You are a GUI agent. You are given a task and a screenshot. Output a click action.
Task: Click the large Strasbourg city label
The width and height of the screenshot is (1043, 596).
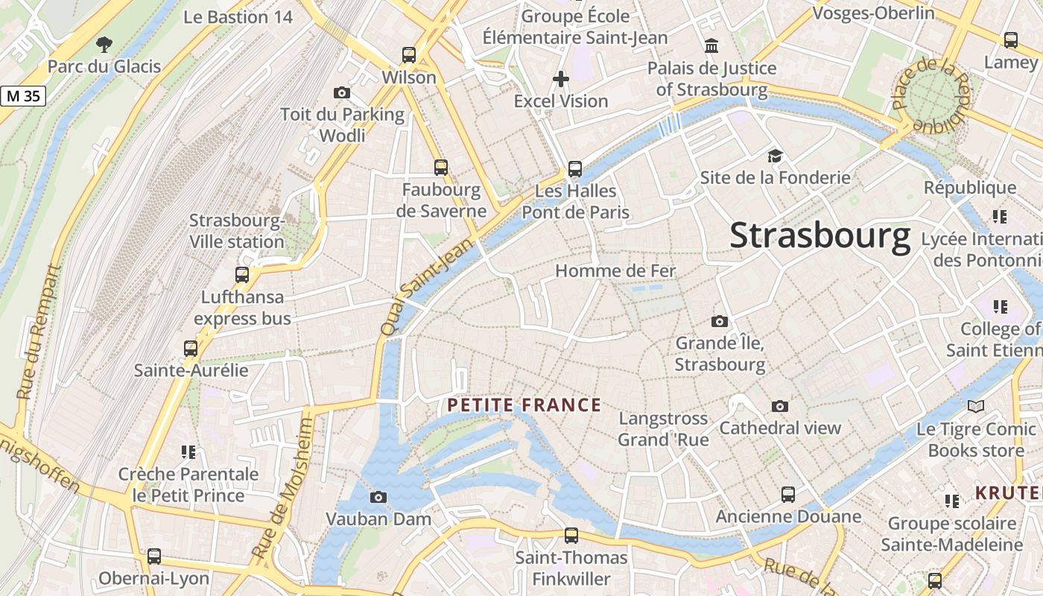pos(819,235)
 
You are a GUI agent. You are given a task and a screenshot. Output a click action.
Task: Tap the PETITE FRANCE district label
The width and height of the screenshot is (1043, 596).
pos(524,405)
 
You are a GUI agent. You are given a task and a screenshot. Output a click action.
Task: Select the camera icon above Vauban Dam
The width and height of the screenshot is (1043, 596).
pos(378,497)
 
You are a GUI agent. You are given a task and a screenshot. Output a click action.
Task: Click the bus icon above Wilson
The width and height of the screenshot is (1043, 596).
pos(409,54)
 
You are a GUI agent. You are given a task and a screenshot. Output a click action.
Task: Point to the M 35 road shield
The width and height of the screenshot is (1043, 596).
pos(23,95)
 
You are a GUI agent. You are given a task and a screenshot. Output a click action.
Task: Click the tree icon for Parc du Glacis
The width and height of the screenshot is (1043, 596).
pos(104,45)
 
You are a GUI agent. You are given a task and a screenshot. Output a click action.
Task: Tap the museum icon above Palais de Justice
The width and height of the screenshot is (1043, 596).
pos(711,46)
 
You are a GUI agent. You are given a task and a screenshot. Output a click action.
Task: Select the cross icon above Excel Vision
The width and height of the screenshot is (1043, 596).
pos(561,78)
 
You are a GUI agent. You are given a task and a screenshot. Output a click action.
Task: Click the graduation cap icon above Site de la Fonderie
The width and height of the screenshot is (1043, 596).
pos(776,156)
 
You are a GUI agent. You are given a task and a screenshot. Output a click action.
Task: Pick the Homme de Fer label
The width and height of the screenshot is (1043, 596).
pos(615,270)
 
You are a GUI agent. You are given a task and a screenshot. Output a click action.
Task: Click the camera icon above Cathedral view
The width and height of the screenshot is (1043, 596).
pos(780,406)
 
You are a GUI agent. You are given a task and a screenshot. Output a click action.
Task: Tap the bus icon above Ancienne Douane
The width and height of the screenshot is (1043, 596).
pos(788,495)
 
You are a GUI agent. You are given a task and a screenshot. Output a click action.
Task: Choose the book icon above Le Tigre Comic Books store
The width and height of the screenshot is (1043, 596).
pos(976,407)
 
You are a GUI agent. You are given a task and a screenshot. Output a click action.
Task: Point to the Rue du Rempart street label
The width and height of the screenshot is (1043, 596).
pos(38,332)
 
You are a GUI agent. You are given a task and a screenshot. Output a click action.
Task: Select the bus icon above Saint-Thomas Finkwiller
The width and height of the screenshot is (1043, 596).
pos(571,535)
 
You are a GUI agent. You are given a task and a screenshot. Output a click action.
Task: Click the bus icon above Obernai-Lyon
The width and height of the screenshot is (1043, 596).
pos(154,556)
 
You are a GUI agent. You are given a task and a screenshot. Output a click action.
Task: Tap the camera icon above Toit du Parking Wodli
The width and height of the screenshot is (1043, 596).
pos(342,92)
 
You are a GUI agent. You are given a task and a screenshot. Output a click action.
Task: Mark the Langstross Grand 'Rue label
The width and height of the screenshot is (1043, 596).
pos(663,429)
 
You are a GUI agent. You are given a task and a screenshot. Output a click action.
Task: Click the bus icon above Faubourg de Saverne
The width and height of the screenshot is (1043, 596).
pos(441,167)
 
